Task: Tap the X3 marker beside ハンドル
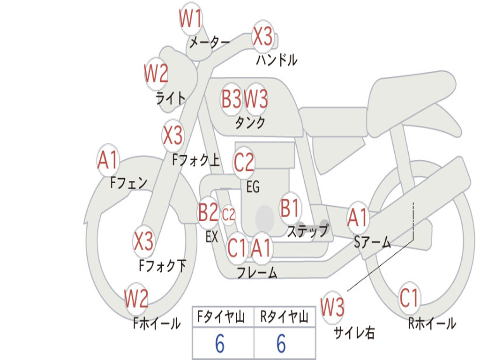click(263, 36)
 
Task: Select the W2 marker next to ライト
click(156, 74)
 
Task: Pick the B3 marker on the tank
click(232, 99)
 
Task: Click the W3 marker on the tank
click(256, 99)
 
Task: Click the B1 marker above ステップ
click(290, 208)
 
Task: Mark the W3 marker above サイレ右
click(332, 307)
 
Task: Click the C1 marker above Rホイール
click(409, 297)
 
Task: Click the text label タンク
click(250, 123)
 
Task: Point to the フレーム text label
click(257, 273)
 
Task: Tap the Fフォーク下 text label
click(163, 266)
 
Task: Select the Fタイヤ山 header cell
click(222, 317)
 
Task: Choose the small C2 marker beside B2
click(228, 215)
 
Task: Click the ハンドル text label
click(277, 60)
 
